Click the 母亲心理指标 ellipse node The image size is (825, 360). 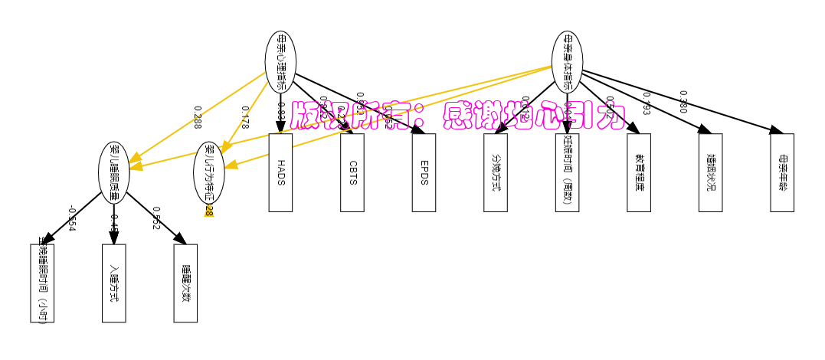(280, 61)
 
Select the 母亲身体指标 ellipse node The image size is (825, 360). (567, 61)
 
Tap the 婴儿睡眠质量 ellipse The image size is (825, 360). (114, 172)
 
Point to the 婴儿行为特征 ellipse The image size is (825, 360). (209, 172)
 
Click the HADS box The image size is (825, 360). (280, 172)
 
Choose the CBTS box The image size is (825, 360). (352, 172)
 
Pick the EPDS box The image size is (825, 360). (424, 172)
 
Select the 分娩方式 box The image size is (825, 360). (496, 172)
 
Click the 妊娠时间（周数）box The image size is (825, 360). (567, 172)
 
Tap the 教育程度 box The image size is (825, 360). (639, 172)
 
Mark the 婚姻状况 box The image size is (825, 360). (710, 172)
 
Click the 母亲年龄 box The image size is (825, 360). (782, 172)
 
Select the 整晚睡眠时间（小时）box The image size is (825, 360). (42, 283)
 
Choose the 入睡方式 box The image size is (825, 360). (114, 283)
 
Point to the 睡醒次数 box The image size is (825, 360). (185, 283)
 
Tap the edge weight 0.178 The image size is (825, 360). (245, 117)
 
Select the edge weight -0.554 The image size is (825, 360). (71, 218)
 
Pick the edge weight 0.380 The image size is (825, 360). (683, 101)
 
